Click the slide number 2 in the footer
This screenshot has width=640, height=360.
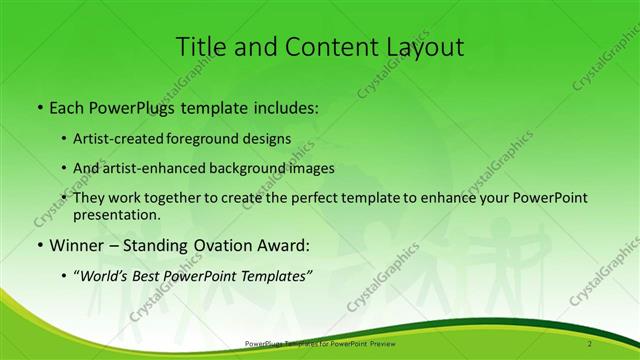[x=590, y=344]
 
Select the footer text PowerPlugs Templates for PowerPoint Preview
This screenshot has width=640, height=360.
[x=319, y=344]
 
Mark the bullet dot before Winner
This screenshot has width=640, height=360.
[x=39, y=246]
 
